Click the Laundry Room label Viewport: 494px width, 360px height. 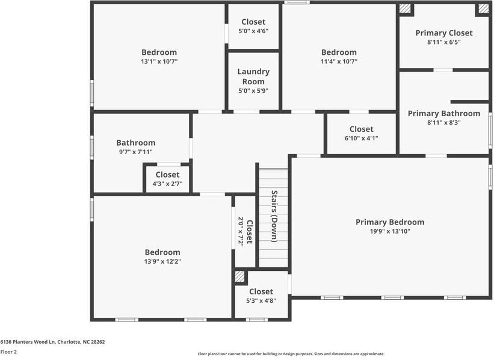(x=253, y=76)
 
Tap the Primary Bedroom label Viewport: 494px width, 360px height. (x=389, y=222)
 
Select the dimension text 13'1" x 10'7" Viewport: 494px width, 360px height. (x=159, y=61)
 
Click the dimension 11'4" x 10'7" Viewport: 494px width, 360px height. (x=339, y=61)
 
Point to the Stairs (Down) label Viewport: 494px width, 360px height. (x=273, y=216)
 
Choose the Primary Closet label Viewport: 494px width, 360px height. (x=444, y=33)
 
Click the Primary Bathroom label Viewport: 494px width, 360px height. (x=444, y=113)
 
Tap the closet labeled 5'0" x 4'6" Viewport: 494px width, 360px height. (x=253, y=26)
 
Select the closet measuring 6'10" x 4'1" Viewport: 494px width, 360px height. (x=361, y=133)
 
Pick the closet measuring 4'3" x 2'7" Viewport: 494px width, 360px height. (x=167, y=179)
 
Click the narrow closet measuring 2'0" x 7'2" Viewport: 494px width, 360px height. (x=245, y=231)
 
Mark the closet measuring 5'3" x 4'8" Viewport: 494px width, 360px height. (x=261, y=296)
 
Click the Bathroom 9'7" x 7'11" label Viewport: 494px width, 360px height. (x=135, y=147)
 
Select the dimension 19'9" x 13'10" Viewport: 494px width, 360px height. (x=389, y=231)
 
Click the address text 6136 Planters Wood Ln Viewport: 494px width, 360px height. (x=52, y=341)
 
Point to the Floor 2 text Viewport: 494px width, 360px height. (x=8, y=352)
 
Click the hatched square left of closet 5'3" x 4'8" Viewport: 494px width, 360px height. (x=240, y=276)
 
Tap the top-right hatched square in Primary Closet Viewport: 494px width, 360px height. (x=483, y=9)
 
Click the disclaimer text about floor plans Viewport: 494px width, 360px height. (x=291, y=354)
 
